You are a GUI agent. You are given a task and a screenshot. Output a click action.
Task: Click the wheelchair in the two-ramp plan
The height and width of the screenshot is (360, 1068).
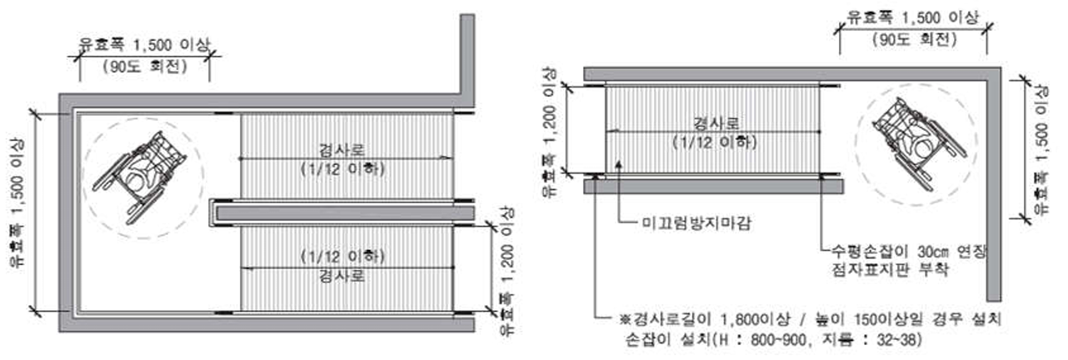[140, 177]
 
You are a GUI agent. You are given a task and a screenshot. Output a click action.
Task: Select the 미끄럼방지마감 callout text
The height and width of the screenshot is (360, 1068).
[696, 222]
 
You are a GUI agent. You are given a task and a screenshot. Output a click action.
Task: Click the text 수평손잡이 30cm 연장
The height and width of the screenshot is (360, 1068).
[908, 252]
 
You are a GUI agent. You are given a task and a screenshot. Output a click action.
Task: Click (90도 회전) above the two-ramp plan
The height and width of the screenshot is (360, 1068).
[145, 67]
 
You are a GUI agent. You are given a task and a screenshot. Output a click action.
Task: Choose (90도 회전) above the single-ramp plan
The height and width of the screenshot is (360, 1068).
[915, 39]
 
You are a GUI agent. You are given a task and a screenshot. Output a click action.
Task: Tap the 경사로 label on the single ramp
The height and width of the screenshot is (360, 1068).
[716, 123]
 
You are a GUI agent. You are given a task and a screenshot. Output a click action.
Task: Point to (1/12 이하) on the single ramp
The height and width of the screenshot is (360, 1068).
[715, 142]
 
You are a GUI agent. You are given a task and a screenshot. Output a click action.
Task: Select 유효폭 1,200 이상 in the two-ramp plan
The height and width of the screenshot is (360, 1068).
[507, 272]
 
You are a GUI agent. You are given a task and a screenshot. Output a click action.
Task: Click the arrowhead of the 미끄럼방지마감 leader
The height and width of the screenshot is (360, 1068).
[618, 164]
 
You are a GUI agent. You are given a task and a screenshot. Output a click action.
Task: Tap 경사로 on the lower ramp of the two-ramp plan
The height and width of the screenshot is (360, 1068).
[342, 277]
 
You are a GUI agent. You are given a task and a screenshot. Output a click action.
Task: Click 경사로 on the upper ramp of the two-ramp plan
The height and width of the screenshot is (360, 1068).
[342, 150]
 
